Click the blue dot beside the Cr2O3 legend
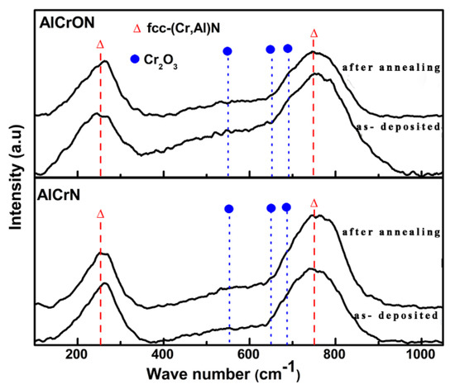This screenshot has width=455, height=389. pyautogui.click(x=136, y=59)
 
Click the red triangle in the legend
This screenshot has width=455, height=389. pyautogui.click(x=137, y=27)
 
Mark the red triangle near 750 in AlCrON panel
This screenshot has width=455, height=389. pyautogui.click(x=313, y=34)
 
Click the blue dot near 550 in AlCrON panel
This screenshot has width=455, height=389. pyautogui.click(x=228, y=51)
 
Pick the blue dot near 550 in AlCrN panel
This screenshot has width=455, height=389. pyautogui.click(x=229, y=209)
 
